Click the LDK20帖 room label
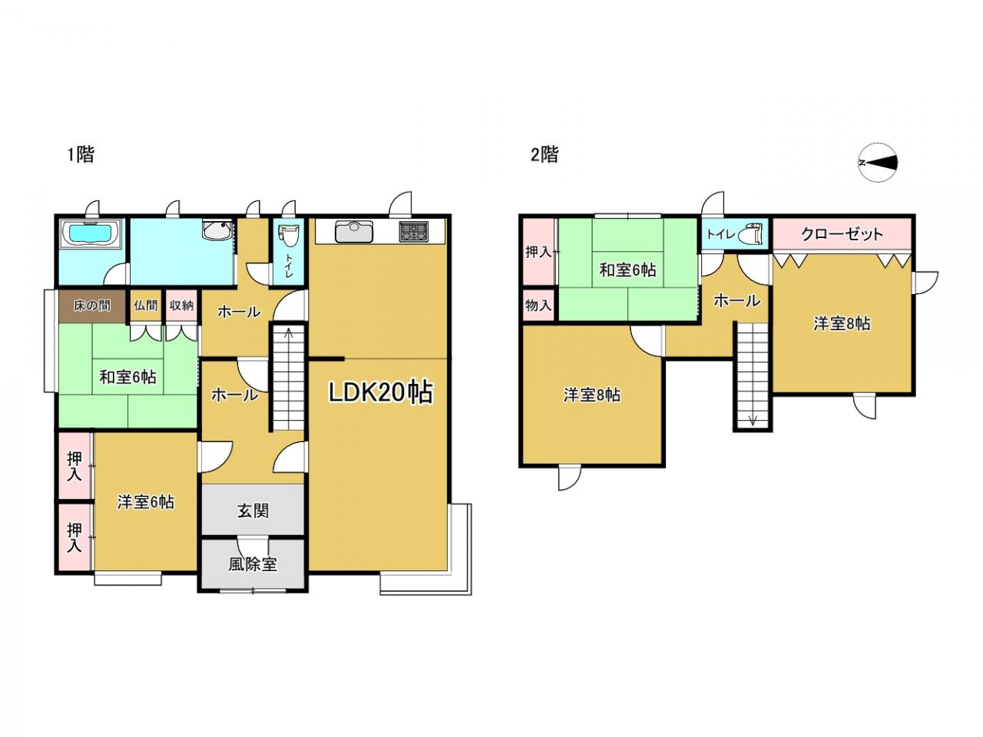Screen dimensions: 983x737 381,393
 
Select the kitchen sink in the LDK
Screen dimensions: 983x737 354,231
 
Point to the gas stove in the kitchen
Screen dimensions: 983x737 413,231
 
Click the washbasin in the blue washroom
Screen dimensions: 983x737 217,229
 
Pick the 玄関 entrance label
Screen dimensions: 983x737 253,511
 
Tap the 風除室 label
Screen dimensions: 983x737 253,564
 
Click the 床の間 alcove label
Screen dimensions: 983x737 92,306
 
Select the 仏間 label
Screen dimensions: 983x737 146,306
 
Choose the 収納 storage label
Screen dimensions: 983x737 181,306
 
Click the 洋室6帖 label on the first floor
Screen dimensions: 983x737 146,502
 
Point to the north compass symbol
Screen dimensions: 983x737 879,163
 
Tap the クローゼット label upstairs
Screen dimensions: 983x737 842,234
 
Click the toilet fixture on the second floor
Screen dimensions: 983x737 750,233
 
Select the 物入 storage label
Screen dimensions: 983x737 538,306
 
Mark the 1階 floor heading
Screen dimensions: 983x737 81,155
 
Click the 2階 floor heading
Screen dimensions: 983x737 544,155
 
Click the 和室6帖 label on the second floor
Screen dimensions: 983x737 628,269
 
